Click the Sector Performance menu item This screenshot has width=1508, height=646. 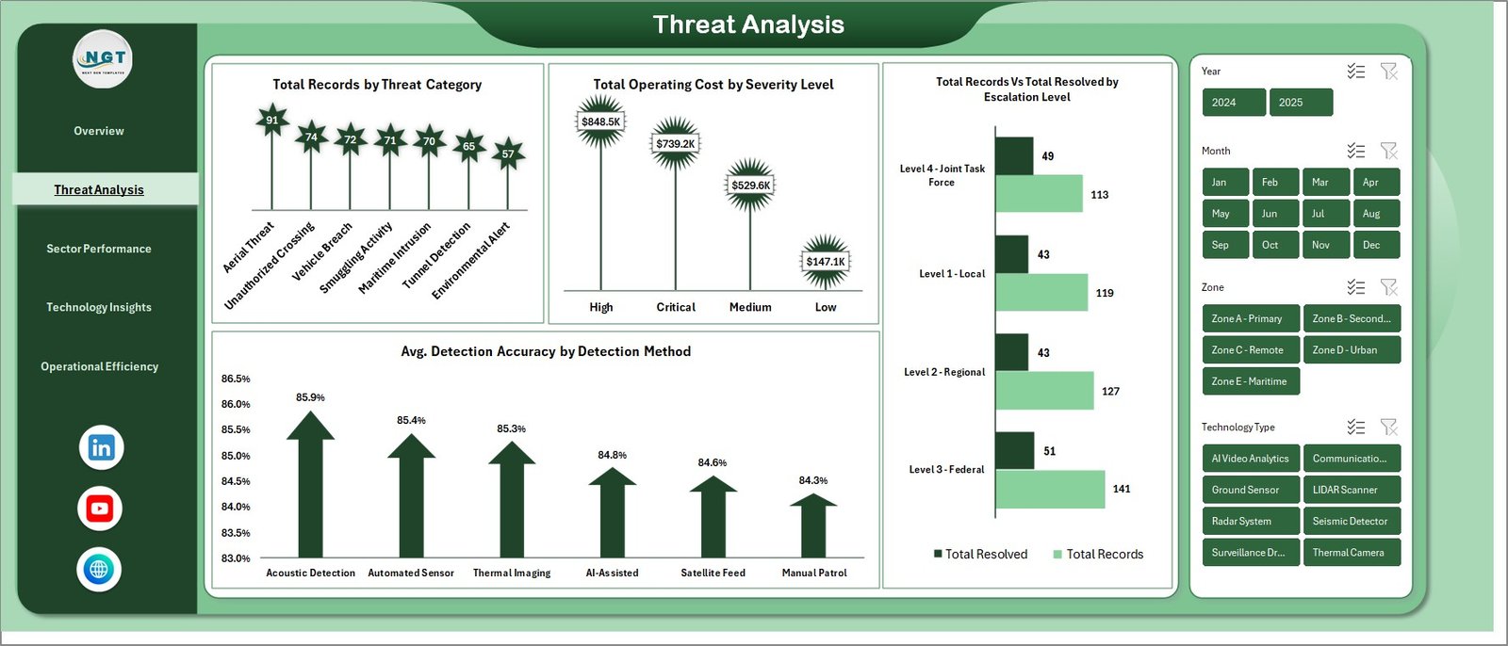[x=99, y=249]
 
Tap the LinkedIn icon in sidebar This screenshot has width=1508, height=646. [x=101, y=447]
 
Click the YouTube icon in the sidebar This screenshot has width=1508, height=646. [x=100, y=509]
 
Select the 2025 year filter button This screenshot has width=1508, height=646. [x=1301, y=103]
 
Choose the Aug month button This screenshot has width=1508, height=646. [x=1375, y=214]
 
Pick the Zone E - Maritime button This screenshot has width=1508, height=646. [x=1250, y=381]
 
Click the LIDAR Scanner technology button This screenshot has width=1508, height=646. [x=1351, y=490]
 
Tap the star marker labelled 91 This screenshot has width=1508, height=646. [x=271, y=120]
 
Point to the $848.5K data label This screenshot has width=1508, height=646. [x=600, y=122]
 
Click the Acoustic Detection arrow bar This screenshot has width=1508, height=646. [x=310, y=490]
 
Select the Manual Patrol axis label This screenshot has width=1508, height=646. [x=813, y=573]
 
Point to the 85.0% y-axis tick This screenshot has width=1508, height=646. [x=236, y=456]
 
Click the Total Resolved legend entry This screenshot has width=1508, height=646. [x=980, y=555]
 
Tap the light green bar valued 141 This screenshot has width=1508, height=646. [x=1049, y=489]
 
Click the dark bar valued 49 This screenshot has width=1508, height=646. [x=1014, y=156]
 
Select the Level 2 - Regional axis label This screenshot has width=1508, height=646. [x=944, y=372]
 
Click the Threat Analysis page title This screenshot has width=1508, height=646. [x=748, y=24]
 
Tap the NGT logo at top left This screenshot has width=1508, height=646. [x=103, y=59]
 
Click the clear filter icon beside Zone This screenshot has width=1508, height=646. [x=1388, y=287]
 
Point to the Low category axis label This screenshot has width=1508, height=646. [x=825, y=307]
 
